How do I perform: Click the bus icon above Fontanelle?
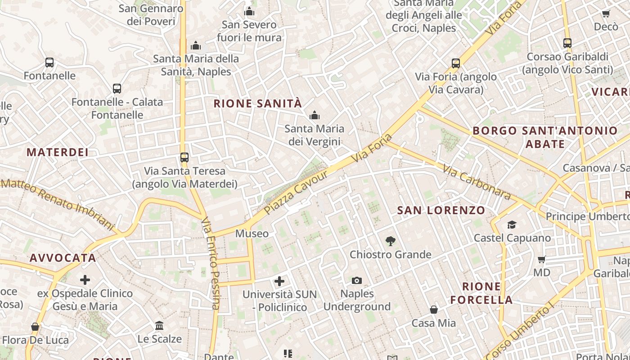pyautogui.click(x=49, y=63)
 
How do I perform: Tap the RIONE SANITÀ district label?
pyautogui.click(x=257, y=103)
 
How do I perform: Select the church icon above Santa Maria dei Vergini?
pyautogui.click(x=315, y=116)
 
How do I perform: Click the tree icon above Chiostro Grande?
pyautogui.click(x=391, y=241)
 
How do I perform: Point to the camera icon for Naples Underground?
pyautogui.click(x=357, y=280)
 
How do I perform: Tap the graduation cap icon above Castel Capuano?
pyautogui.click(x=512, y=225)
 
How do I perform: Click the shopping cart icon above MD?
pyautogui.click(x=542, y=259)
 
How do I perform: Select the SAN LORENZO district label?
pyautogui.click(x=441, y=210)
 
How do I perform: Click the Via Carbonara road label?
pyautogui.click(x=477, y=182)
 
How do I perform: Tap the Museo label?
pyautogui.click(x=252, y=234)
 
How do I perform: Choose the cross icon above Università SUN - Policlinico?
pyautogui.click(x=279, y=281)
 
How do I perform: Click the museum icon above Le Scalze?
pyautogui.click(x=159, y=325)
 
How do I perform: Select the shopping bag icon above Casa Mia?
pyautogui.click(x=434, y=310)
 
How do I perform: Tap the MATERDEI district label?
pyautogui.click(x=58, y=152)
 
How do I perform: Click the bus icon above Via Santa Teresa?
pyautogui.click(x=184, y=157)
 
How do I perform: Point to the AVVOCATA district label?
pyautogui.click(x=63, y=258)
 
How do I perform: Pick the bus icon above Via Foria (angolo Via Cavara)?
pyautogui.click(x=456, y=63)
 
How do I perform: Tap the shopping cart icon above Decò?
pyautogui.click(x=606, y=14)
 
